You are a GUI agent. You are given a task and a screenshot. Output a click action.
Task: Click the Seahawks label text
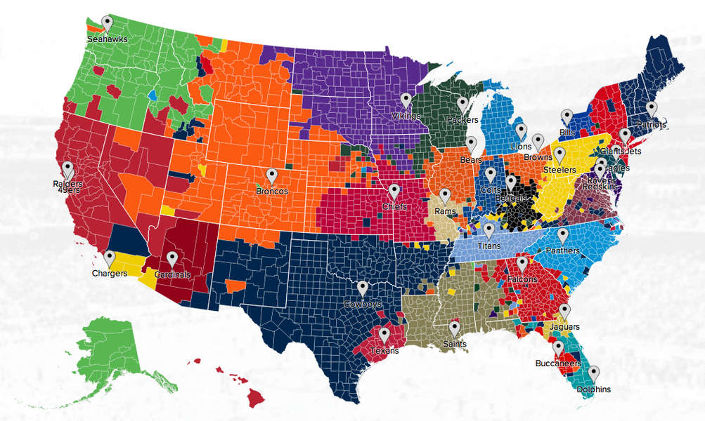[107, 40]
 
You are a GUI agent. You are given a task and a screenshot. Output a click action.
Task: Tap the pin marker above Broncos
[272, 176]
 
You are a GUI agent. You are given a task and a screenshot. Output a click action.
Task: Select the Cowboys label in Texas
[363, 305]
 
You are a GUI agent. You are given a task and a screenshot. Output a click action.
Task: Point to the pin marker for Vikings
[406, 101]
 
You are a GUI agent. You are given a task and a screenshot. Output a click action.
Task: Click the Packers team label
[462, 120]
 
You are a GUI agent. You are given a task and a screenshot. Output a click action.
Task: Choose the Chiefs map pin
[394, 191]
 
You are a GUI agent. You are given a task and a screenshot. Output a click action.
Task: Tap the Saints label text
[454, 345]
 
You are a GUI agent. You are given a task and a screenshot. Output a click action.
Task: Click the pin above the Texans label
[384, 335]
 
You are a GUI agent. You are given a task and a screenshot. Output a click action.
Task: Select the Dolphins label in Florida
[594, 389]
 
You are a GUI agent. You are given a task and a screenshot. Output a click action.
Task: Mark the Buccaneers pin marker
[558, 348]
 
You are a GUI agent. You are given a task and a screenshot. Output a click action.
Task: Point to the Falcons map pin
[522, 264]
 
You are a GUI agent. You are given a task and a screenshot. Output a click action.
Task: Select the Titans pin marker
[489, 229]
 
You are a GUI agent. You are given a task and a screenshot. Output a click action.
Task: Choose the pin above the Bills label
[567, 116]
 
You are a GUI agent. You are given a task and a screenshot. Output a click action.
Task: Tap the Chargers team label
[109, 274]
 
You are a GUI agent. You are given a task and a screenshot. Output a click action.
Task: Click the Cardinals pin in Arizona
[172, 260]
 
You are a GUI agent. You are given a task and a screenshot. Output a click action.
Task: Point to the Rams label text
[445, 211]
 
